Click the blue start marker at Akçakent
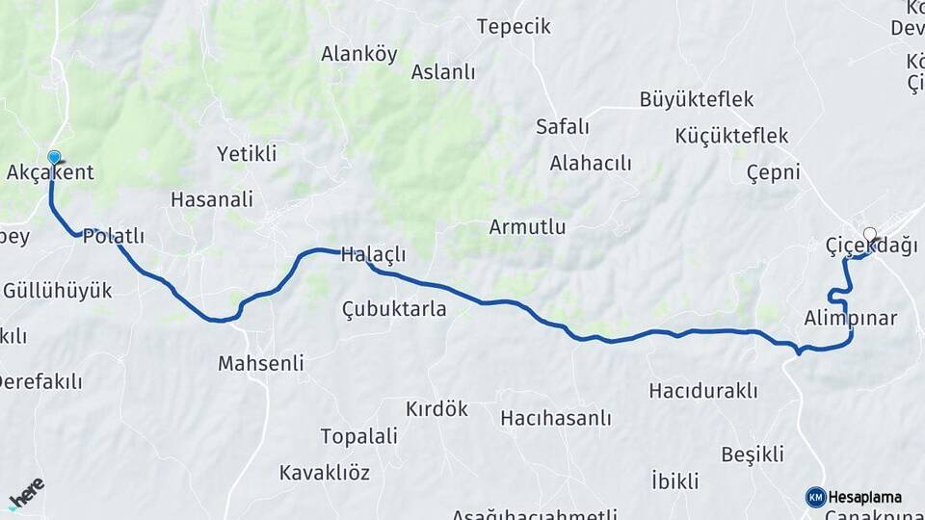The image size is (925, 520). tap(54, 157)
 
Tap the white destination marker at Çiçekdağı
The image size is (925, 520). tap(870, 234)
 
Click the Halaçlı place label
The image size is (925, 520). tap(374, 255)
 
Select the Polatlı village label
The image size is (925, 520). tap(114, 236)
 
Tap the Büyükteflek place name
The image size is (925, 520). tap(697, 99)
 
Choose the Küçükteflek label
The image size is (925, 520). tap(719, 136)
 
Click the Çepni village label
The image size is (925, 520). tap(774, 172)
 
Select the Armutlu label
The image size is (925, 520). tap(527, 227)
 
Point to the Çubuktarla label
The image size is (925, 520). tap(394, 308)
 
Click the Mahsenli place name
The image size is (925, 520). tap(260, 363)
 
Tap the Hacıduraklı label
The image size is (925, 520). tap(703, 390)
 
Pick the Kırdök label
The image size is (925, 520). tap(436, 408)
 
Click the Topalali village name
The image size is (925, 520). tap(358, 436)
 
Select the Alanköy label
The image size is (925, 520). tap(359, 54)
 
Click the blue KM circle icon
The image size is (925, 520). tap(815, 497)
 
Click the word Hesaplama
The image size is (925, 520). tap(865, 497)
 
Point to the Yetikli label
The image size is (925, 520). tap(247, 153)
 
